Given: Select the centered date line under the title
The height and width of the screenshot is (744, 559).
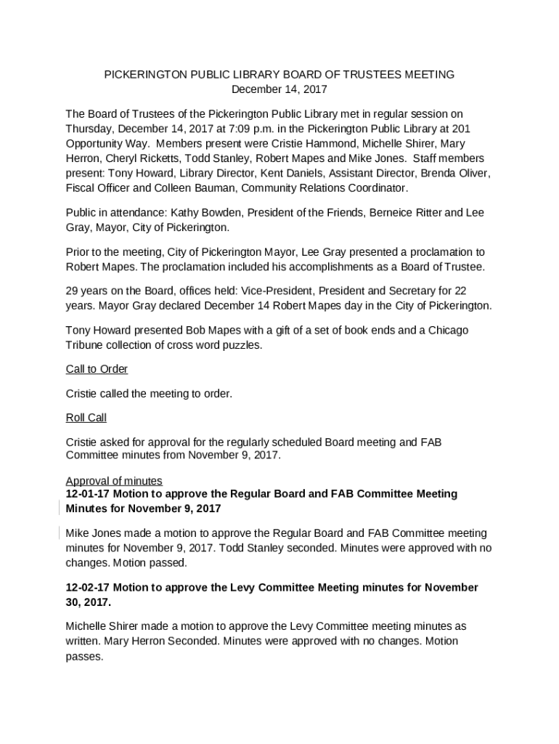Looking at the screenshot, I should [x=279, y=89].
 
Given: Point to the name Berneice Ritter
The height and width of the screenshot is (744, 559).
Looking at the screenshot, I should [x=407, y=213].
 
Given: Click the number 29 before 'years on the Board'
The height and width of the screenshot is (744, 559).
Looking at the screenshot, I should [x=73, y=291].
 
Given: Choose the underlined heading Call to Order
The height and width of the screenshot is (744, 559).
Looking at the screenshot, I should [x=97, y=369].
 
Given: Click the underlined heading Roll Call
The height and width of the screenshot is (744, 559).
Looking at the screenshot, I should [x=86, y=418].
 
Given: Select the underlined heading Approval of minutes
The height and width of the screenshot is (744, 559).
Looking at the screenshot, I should [x=114, y=481].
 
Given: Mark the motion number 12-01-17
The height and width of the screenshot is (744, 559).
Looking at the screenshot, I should [x=87, y=494].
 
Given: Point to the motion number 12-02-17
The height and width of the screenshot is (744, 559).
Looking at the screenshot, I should [x=87, y=588].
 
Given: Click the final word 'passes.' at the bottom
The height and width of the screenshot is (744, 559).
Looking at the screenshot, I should [x=84, y=656].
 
